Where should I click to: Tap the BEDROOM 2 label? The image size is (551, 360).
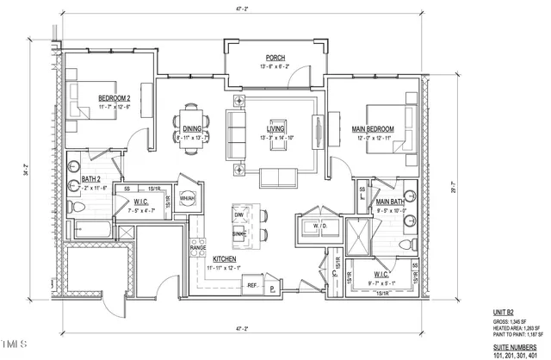coord(114,97)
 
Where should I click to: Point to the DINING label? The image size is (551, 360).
coord(192,128)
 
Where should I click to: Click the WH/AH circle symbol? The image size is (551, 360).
coord(186,199)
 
